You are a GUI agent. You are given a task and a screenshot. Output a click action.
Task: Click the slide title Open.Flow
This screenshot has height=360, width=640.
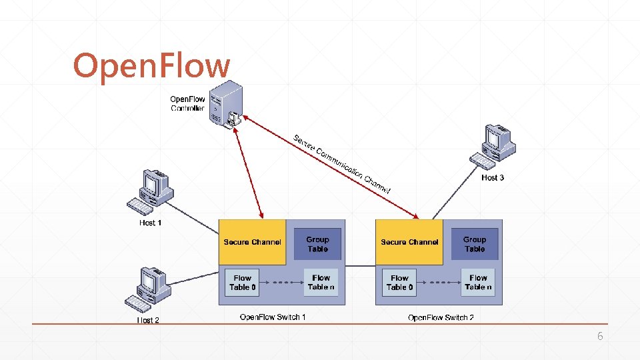pos(151,66)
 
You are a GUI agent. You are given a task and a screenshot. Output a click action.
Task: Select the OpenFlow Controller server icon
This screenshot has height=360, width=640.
pos(225,103)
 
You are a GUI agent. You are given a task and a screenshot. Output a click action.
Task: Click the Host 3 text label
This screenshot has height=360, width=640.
pos(493,177)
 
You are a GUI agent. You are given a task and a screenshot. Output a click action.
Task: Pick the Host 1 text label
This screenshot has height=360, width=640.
pos(151,223)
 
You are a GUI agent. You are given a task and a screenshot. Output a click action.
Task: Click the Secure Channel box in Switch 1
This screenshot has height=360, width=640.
pos(252,242)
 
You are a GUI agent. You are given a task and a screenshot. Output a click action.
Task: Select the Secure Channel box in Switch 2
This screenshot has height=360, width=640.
pos(409,242)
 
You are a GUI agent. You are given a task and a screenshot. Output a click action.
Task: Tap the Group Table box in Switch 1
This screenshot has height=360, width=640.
pos(317,244)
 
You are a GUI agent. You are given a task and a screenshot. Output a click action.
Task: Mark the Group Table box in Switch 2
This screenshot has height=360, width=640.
pos(475,244)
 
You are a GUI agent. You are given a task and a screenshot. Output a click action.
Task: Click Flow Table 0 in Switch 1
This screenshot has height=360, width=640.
pos(242,283)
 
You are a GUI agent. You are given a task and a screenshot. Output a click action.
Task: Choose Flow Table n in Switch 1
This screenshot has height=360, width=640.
pos(321,283)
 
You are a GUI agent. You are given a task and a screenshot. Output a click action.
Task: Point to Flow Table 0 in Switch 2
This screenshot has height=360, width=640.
pos(399,283)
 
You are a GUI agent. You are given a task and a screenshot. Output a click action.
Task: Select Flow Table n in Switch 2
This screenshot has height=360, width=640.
pos(479,283)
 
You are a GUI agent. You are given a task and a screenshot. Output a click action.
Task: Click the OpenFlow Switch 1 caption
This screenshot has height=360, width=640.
pos(273,317)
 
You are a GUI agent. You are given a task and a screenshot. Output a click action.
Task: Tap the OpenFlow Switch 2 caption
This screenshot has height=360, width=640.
pos(441,317)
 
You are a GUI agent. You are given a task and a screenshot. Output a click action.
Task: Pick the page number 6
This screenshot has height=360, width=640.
pos(599,337)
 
